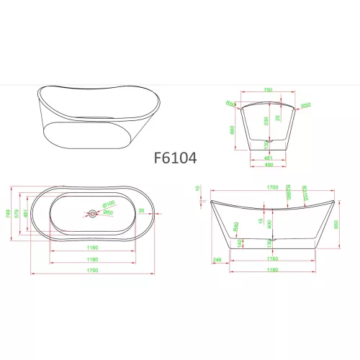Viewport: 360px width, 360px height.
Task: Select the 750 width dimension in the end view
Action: (x=268, y=90)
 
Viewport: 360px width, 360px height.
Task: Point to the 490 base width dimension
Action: (x=268, y=165)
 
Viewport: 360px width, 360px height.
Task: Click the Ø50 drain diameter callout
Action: (x=109, y=211)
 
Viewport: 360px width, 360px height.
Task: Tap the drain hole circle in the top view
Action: (x=92, y=213)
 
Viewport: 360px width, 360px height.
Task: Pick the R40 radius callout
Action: (x=235, y=226)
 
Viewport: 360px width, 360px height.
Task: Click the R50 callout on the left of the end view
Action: (x=231, y=104)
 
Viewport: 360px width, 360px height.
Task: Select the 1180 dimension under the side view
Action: (x=270, y=271)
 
